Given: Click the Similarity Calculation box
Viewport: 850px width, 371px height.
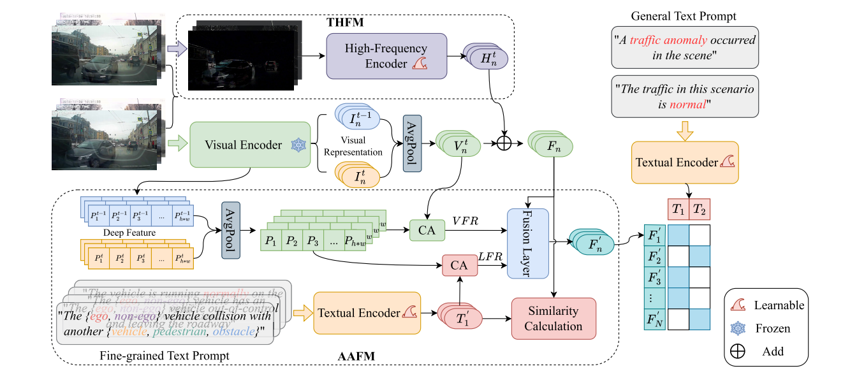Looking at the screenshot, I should [x=553, y=319].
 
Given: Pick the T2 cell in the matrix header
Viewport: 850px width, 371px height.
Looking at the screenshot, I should [x=700, y=209].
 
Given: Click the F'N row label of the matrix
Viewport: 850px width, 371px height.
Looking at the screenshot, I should [x=656, y=319].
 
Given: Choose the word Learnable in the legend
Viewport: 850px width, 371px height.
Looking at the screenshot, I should [x=778, y=305].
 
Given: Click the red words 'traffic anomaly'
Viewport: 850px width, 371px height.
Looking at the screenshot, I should [x=668, y=40].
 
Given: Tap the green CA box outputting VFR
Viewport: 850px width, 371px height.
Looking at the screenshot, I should [x=427, y=231].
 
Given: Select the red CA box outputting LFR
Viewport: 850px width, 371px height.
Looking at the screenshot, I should [x=459, y=264].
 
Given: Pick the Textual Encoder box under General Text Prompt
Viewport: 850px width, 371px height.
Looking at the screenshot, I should [x=685, y=163].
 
